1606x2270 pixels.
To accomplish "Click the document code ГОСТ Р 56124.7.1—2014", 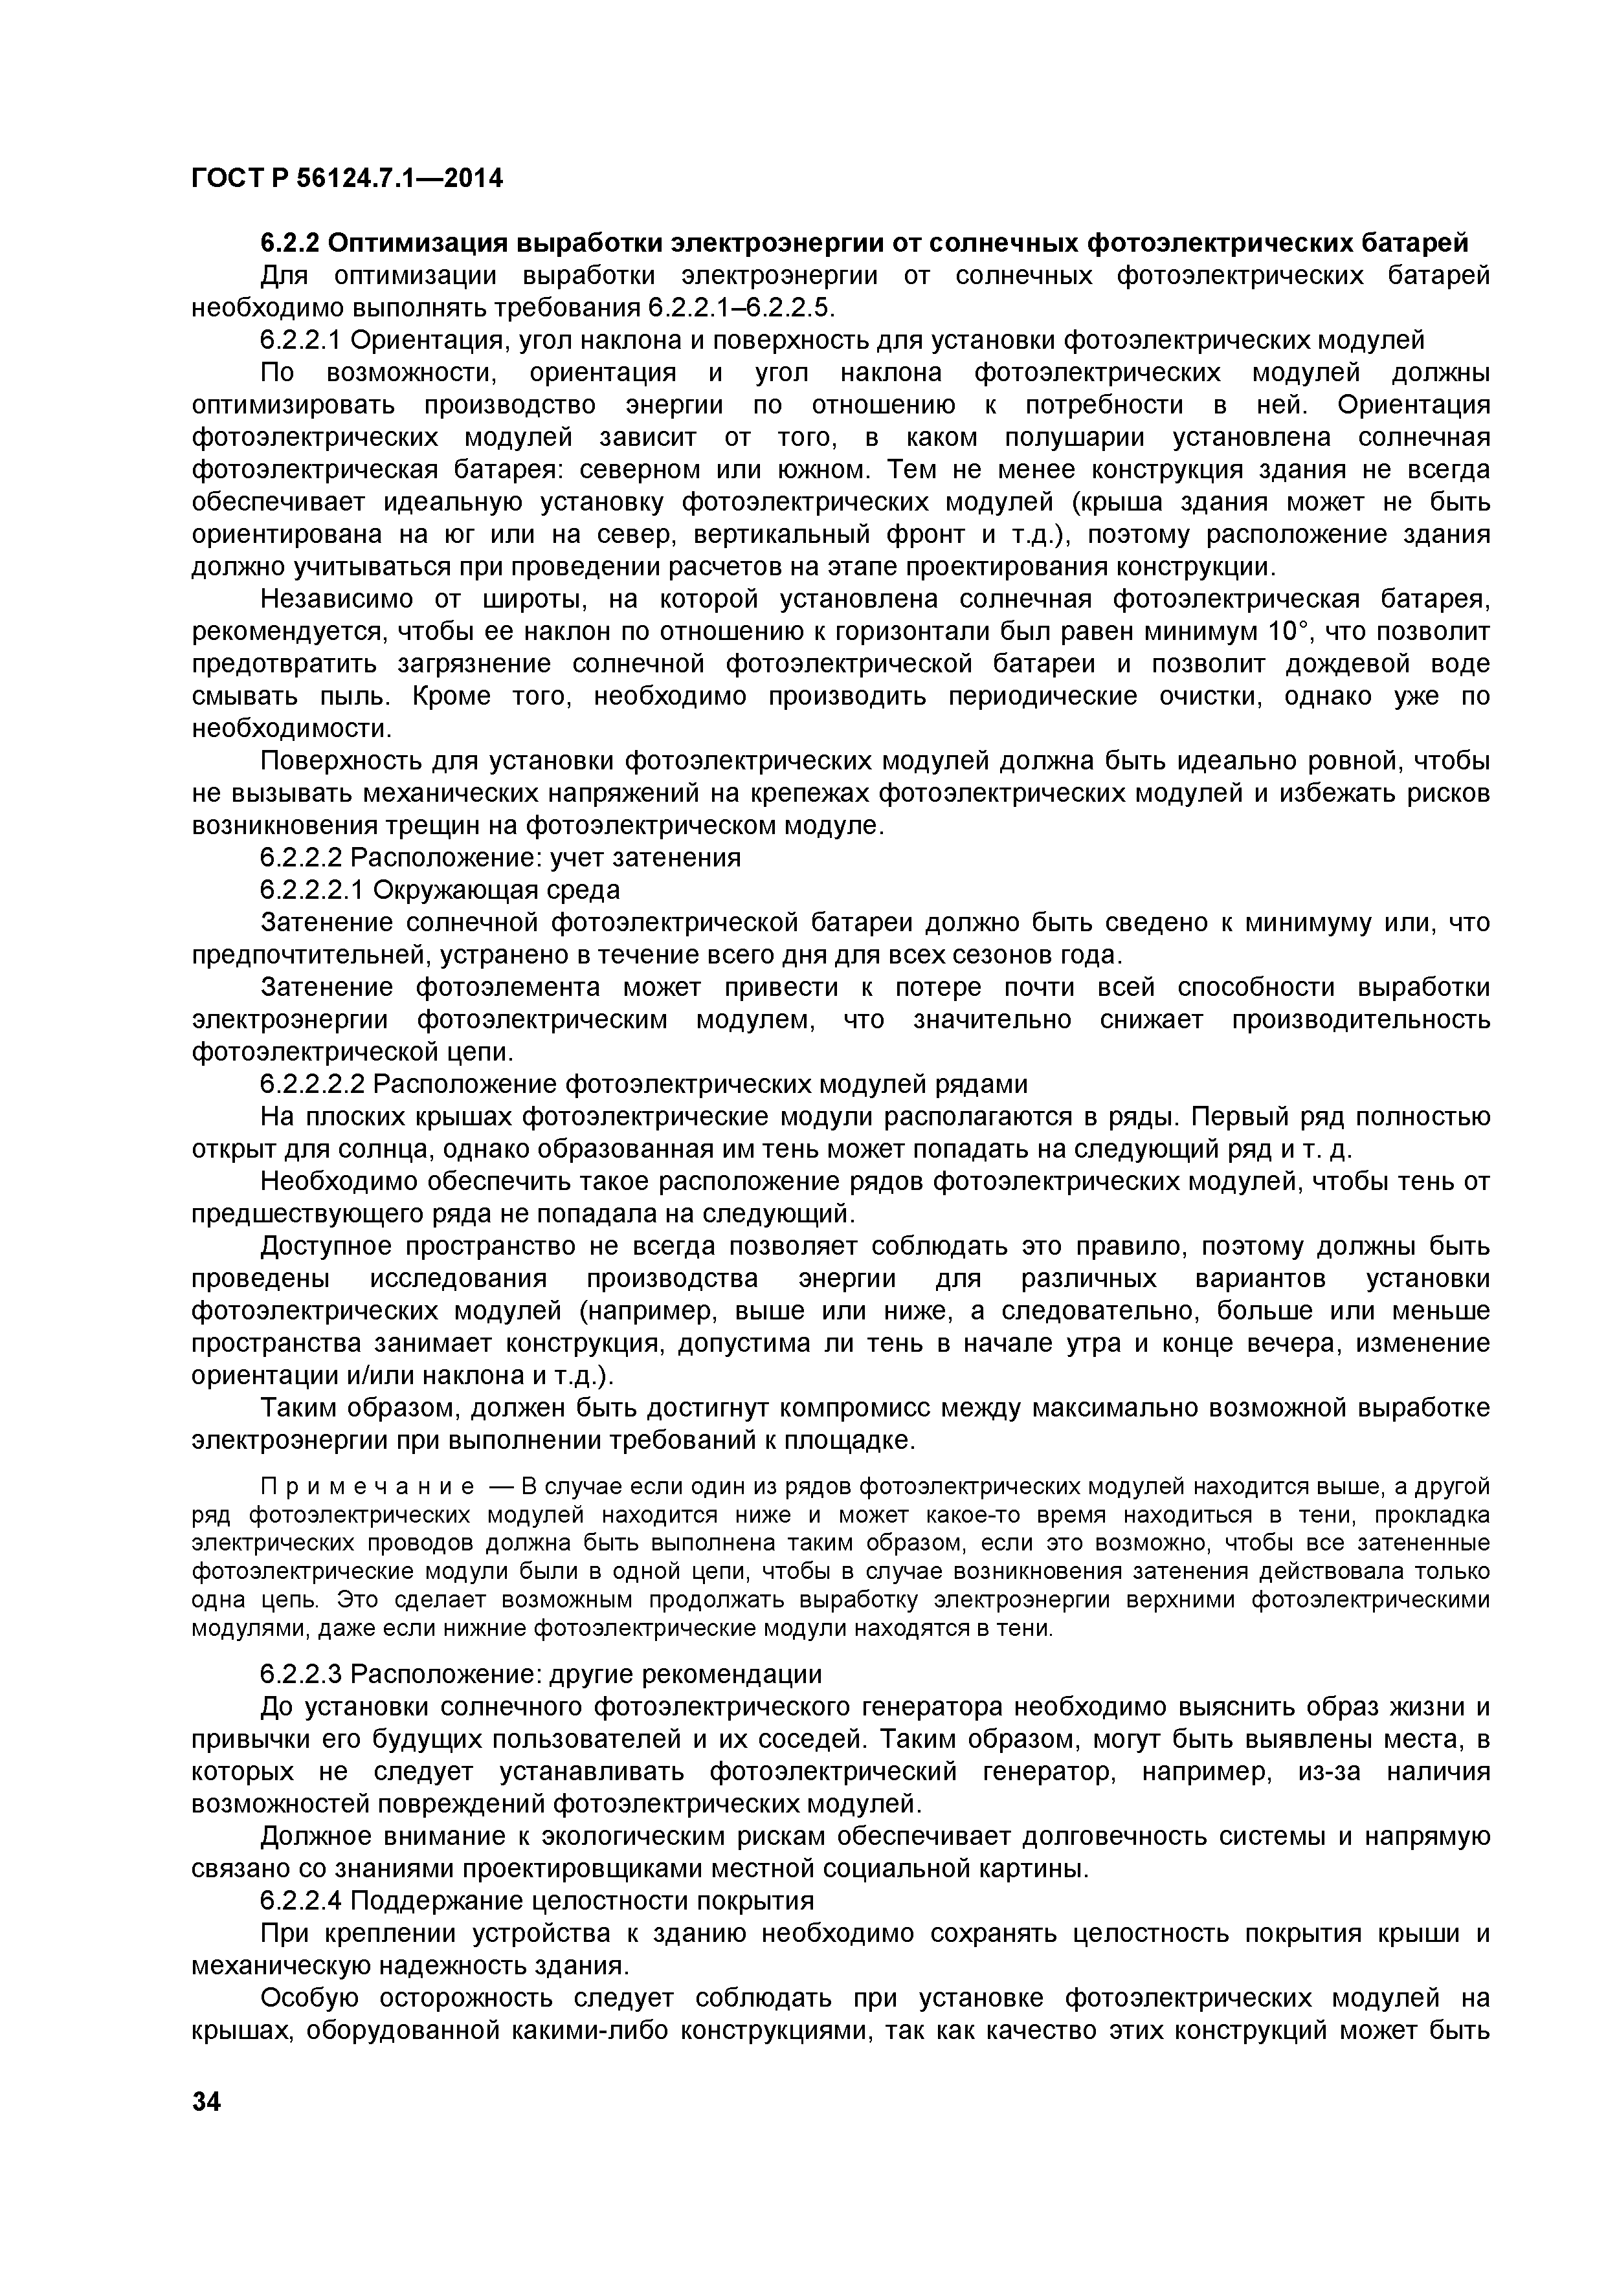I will pyautogui.click(x=346, y=179).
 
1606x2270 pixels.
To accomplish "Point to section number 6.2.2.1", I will pyautogui.click(x=300, y=340).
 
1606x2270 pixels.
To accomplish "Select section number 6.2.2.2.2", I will pyautogui.click(x=313, y=1085).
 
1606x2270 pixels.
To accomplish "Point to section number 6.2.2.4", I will pyautogui.click(x=300, y=1901).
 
